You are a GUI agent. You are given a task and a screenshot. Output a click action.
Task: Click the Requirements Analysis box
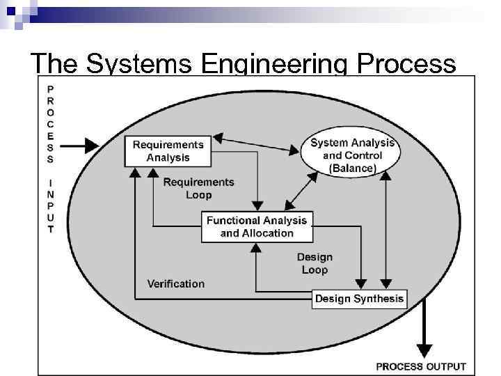pyautogui.click(x=168, y=151)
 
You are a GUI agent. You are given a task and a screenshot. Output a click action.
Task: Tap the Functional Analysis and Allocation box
pyautogui.click(x=257, y=227)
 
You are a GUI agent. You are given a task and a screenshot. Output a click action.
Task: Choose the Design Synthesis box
pyautogui.click(x=359, y=299)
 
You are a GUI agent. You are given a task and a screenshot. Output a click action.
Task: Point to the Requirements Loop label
pyautogui.click(x=198, y=188)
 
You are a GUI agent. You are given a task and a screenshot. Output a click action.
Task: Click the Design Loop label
pyautogui.click(x=315, y=263)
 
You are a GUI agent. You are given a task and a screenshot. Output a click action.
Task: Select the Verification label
pyautogui.click(x=176, y=283)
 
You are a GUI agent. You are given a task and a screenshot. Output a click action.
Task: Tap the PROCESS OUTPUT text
pyautogui.click(x=421, y=366)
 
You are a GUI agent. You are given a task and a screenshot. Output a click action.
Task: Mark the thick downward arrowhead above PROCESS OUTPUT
pyautogui.click(x=423, y=350)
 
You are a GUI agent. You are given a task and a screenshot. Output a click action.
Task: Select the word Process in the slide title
pyautogui.click(x=407, y=64)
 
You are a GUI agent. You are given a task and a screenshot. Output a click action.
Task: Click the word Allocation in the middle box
pyautogui.click(x=267, y=233)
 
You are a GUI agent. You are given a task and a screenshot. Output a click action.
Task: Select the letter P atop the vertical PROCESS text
pyautogui.click(x=51, y=89)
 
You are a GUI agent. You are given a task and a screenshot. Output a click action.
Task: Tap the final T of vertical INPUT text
pyautogui.click(x=51, y=230)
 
